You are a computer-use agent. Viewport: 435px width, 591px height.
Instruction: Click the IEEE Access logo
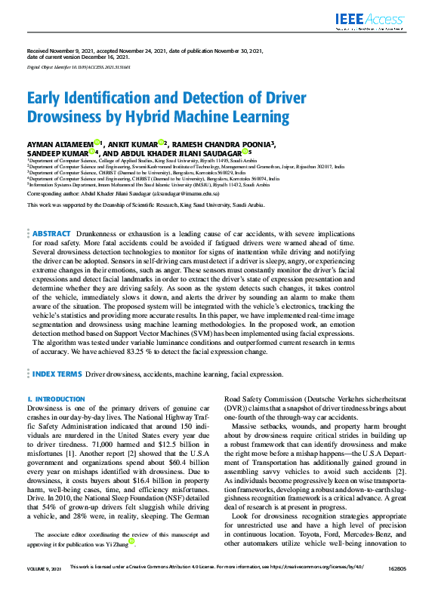click(x=382, y=20)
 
